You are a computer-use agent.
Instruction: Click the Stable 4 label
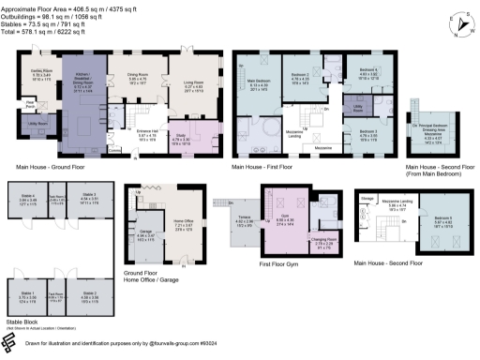[x=27, y=195]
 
